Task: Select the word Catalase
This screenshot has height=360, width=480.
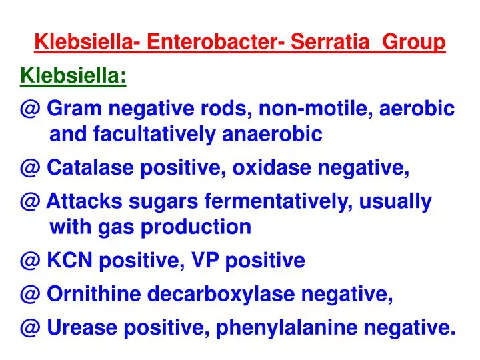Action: tap(91, 169)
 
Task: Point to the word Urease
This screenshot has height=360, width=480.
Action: tap(82, 327)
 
